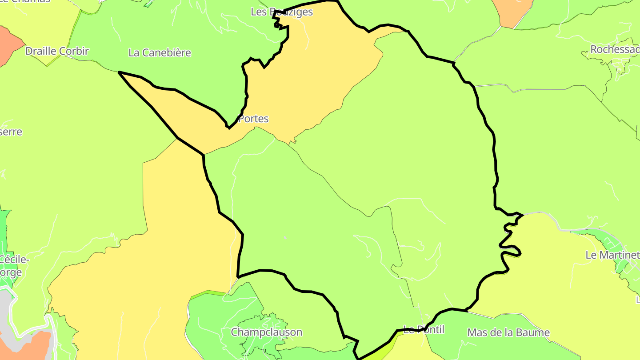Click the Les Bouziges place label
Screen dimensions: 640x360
pos(282,12)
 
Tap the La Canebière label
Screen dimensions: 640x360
pos(160,52)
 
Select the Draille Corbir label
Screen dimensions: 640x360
pos(57,51)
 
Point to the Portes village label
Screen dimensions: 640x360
pos(253,119)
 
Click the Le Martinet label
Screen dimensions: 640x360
pos(612,255)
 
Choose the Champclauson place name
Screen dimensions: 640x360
pos(266,332)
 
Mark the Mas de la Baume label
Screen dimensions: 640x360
pos(508,332)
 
